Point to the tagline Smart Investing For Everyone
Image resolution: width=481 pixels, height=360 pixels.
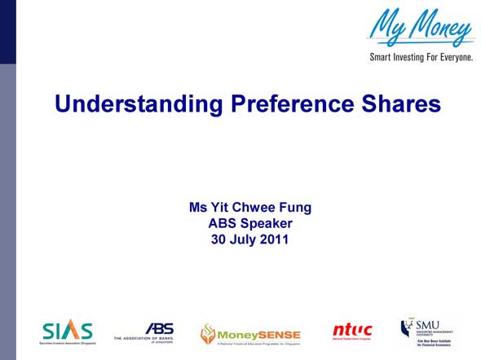(x=421, y=59)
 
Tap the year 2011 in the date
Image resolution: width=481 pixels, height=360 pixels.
(x=273, y=239)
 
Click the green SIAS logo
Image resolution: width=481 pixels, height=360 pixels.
(x=68, y=331)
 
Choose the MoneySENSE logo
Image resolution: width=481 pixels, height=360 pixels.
(x=251, y=334)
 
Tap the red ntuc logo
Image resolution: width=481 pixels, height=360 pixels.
(x=352, y=331)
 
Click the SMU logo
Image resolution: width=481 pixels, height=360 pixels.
(x=426, y=331)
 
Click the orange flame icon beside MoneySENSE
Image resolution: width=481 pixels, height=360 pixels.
(x=209, y=334)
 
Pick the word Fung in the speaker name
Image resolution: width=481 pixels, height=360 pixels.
(x=295, y=208)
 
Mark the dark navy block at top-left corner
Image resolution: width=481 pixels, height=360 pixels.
(x=7, y=32)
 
